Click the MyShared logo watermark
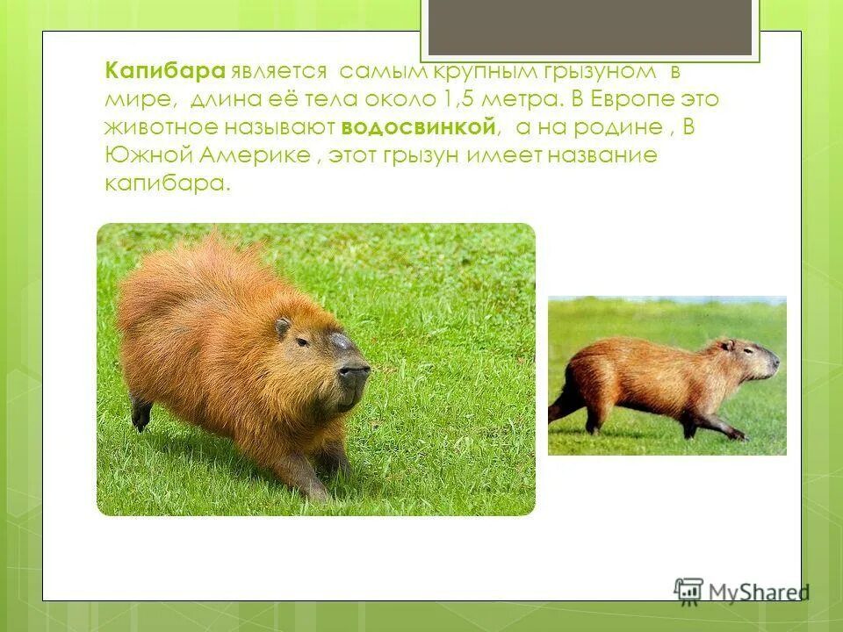[741, 590]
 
